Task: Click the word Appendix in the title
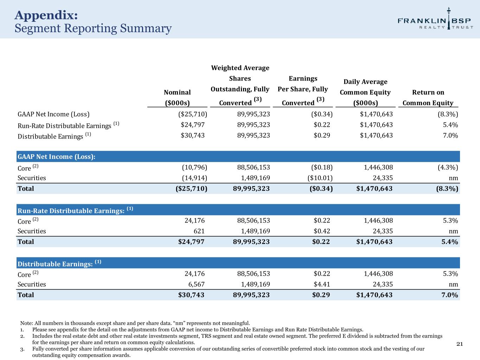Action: tap(46, 15)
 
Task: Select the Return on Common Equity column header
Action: tap(428, 97)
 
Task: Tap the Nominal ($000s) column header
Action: tap(177, 97)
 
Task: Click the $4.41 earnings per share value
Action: tap(321, 284)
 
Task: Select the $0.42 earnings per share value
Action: tap(321, 231)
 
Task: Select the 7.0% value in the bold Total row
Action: tap(449, 295)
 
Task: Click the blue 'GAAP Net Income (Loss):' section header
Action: tap(57, 157)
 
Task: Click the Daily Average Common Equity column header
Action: tap(365, 92)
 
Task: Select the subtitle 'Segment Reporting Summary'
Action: tap(93, 28)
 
